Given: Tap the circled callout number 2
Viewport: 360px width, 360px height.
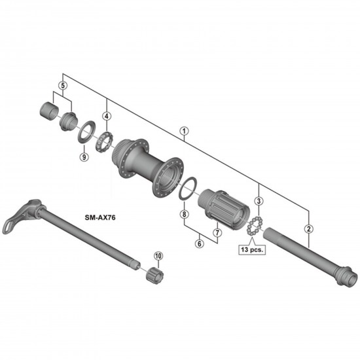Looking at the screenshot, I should [309, 228].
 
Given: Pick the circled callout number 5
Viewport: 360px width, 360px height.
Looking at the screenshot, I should [63, 86].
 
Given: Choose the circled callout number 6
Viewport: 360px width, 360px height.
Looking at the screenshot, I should [200, 243].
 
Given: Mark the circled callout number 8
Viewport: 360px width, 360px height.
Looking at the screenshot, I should [184, 214].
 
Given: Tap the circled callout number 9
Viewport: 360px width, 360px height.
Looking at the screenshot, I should [84, 156].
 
